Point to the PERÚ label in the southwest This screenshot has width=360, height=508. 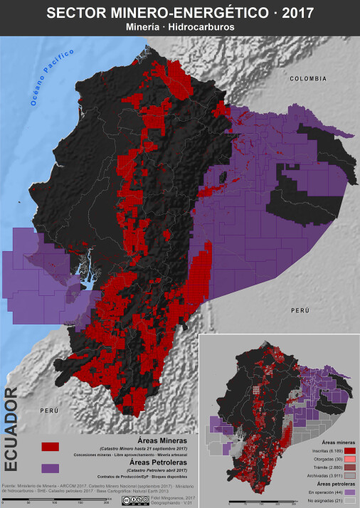pos(48,411)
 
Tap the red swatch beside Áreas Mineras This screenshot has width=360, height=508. pos(50,446)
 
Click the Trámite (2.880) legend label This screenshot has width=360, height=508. pos(326,467)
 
